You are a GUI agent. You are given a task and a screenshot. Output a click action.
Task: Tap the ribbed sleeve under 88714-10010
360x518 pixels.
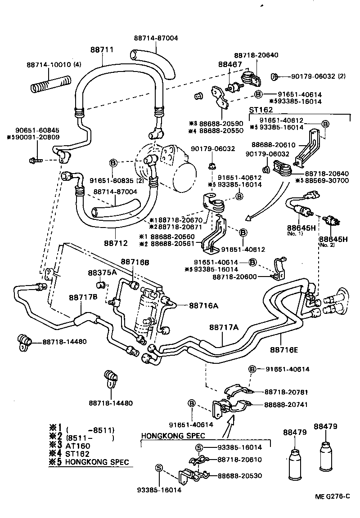coord(49,84)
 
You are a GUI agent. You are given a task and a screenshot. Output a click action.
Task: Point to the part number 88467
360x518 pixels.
coord(229,65)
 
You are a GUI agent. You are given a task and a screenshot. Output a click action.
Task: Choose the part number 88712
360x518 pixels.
coord(116,243)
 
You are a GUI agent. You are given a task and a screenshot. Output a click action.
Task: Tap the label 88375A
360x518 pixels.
coord(102,272)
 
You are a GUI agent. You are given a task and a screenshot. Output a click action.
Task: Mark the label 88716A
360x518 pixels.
coord(203,305)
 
